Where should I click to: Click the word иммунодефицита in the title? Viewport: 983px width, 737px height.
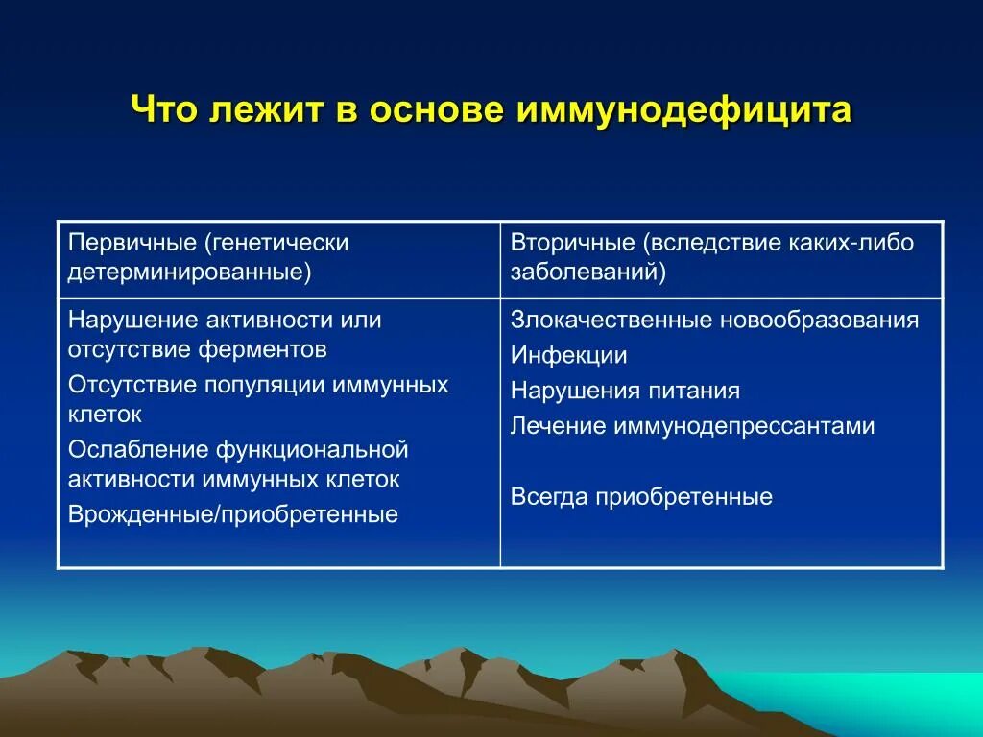[683, 110]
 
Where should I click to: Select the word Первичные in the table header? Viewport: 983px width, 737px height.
[132, 243]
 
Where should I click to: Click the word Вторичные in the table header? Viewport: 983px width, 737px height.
[572, 243]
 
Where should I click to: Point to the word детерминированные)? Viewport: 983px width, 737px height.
[189, 273]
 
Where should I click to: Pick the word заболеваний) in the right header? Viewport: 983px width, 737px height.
[588, 273]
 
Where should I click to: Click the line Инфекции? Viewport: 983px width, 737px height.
[568, 355]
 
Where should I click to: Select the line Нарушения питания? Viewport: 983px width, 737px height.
[625, 392]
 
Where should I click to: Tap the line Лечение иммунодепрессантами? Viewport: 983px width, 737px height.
[692, 426]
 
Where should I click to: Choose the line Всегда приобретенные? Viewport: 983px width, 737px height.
[641, 497]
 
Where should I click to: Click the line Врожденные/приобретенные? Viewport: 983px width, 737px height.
[232, 514]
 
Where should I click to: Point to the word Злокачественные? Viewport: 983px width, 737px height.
[611, 320]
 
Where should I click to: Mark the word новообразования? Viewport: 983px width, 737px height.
[819, 320]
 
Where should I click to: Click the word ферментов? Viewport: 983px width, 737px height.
[262, 349]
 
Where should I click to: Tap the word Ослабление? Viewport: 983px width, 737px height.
[138, 449]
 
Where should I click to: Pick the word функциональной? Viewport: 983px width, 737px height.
[312, 449]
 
